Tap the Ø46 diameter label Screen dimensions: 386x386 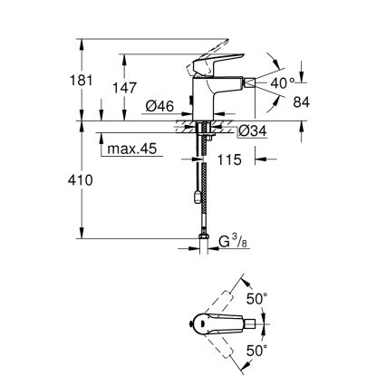(x=159, y=107)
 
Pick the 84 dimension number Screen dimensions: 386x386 (x=302, y=101)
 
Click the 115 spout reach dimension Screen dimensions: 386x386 (x=230, y=160)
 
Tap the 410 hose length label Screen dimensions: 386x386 (x=82, y=182)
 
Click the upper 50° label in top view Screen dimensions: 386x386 (x=259, y=298)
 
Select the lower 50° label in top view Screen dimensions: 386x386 (x=259, y=349)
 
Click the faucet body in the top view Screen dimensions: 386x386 (x=217, y=323)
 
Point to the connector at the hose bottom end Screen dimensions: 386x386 (x=201, y=242)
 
